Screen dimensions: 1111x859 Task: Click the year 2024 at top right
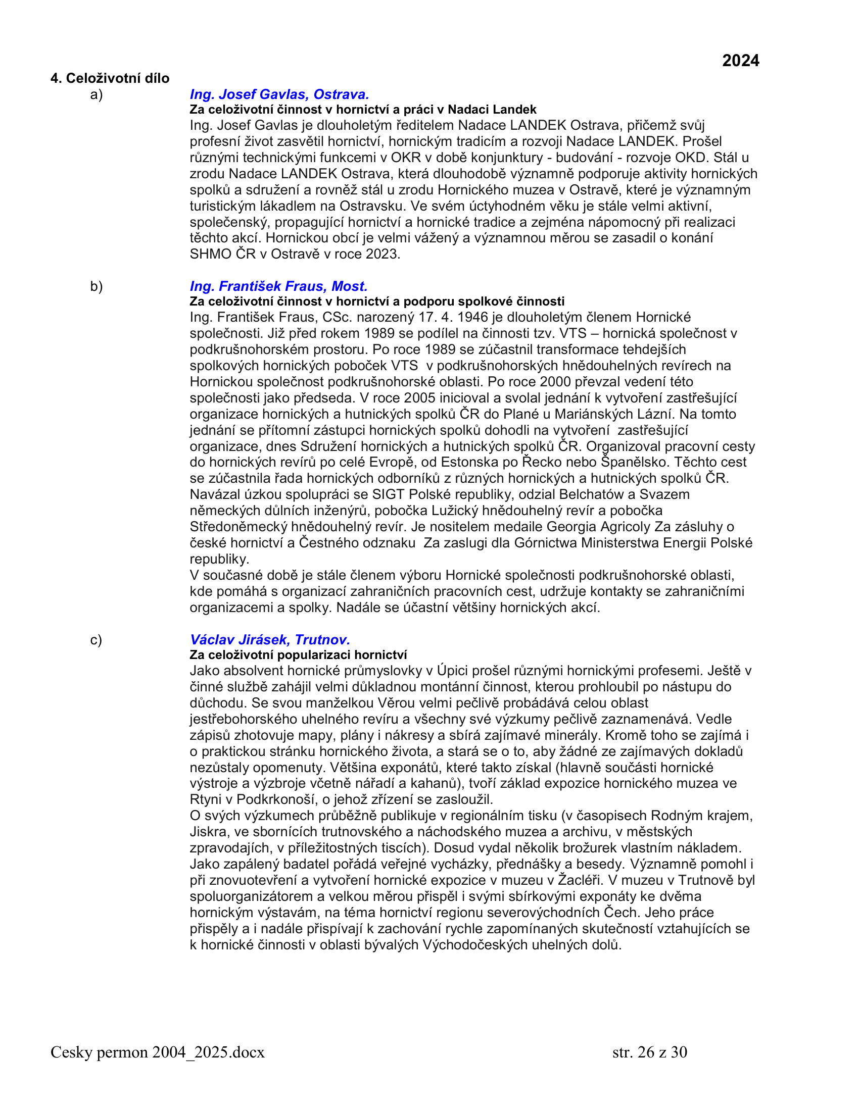pos(740,61)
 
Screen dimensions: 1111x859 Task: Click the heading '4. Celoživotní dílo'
pos(110,78)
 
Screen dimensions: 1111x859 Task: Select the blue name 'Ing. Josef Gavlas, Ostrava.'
pos(279,94)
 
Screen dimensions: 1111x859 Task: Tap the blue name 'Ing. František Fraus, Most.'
pos(278,286)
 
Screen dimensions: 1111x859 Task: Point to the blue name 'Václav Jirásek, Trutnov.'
pos(270,639)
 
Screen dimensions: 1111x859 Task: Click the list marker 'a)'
pos(96,94)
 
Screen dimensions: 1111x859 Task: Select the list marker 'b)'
pos(96,286)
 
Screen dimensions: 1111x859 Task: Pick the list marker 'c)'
pos(96,640)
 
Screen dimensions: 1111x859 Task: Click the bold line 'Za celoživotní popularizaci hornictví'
pos(298,654)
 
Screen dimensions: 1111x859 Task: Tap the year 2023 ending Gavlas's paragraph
pos(381,254)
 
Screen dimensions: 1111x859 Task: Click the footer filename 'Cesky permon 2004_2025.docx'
pos(158,1052)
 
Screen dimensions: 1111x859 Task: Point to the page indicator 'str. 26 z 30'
pos(649,1052)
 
